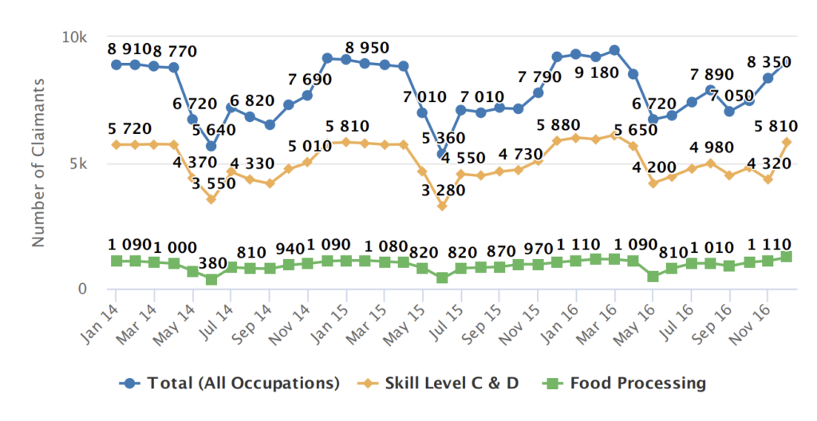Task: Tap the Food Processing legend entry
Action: (x=626, y=384)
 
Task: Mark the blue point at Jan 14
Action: (x=116, y=64)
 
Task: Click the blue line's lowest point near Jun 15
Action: (x=441, y=154)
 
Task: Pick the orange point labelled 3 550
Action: (x=211, y=199)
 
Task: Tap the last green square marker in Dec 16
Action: (x=787, y=257)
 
